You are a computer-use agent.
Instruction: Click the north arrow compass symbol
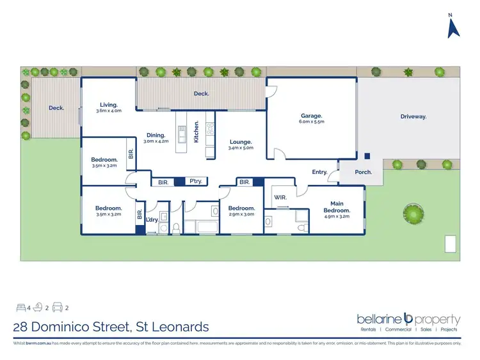click(454, 27)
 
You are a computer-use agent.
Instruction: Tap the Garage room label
click(312, 116)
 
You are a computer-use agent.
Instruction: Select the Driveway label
click(413, 116)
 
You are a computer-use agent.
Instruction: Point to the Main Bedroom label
click(337, 207)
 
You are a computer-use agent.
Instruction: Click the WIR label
click(280, 197)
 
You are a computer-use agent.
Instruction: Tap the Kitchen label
click(197, 130)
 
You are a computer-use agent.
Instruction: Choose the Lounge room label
click(240, 141)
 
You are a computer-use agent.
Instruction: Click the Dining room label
click(157, 135)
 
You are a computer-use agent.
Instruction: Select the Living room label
click(108, 104)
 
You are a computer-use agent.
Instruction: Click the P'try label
click(196, 182)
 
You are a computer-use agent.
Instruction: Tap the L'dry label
click(152, 220)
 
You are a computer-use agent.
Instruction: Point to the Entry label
click(319, 172)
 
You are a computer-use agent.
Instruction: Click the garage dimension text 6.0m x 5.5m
click(312, 123)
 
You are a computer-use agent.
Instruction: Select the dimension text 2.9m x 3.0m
click(242, 214)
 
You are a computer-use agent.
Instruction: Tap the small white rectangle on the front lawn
click(451, 244)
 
